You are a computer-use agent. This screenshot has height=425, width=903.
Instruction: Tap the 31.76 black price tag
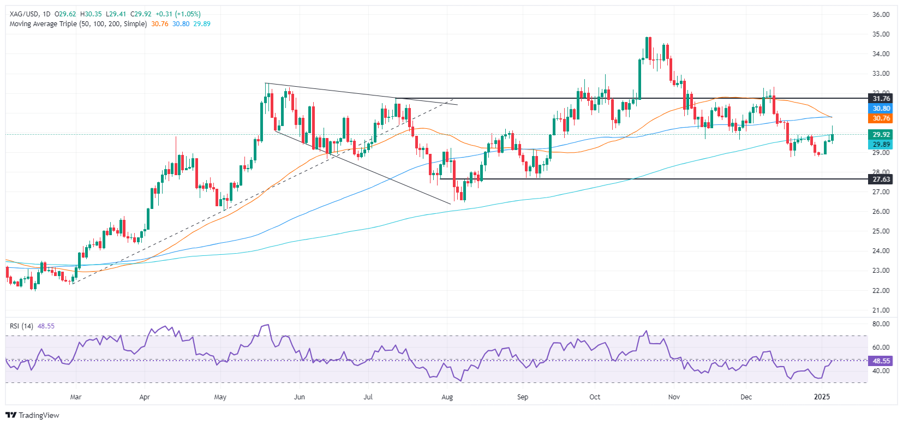pyautogui.click(x=881, y=99)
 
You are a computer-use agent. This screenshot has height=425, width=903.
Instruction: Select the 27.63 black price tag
pyautogui.click(x=881, y=179)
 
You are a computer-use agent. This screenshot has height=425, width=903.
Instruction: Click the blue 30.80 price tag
pyautogui.click(x=881, y=109)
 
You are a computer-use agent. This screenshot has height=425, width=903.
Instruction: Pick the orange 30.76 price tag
pyautogui.click(x=881, y=118)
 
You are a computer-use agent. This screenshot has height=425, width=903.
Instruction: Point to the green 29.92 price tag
pyautogui.click(x=881, y=135)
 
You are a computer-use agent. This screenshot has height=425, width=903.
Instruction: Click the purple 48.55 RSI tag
pyautogui.click(x=881, y=361)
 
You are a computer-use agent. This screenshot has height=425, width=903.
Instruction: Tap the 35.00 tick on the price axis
pyautogui.click(x=881, y=34)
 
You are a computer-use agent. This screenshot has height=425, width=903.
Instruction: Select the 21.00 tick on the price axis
pyautogui.click(x=881, y=310)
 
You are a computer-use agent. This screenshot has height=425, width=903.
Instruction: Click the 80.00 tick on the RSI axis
pyautogui.click(x=881, y=324)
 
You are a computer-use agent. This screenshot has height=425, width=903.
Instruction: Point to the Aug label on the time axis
pyautogui.click(x=447, y=397)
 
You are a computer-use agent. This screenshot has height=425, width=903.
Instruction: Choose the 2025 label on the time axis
pyautogui.click(x=822, y=397)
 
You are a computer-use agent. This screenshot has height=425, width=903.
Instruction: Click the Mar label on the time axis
pyautogui.click(x=76, y=397)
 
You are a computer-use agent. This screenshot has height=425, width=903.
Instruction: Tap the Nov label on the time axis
pyautogui.click(x=674, y=397)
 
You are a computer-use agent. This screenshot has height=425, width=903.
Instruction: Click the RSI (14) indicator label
pyautogui.click(x=21, y=326)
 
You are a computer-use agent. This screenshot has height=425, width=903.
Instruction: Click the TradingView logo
pyautogui.click(x=32, y=415)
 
